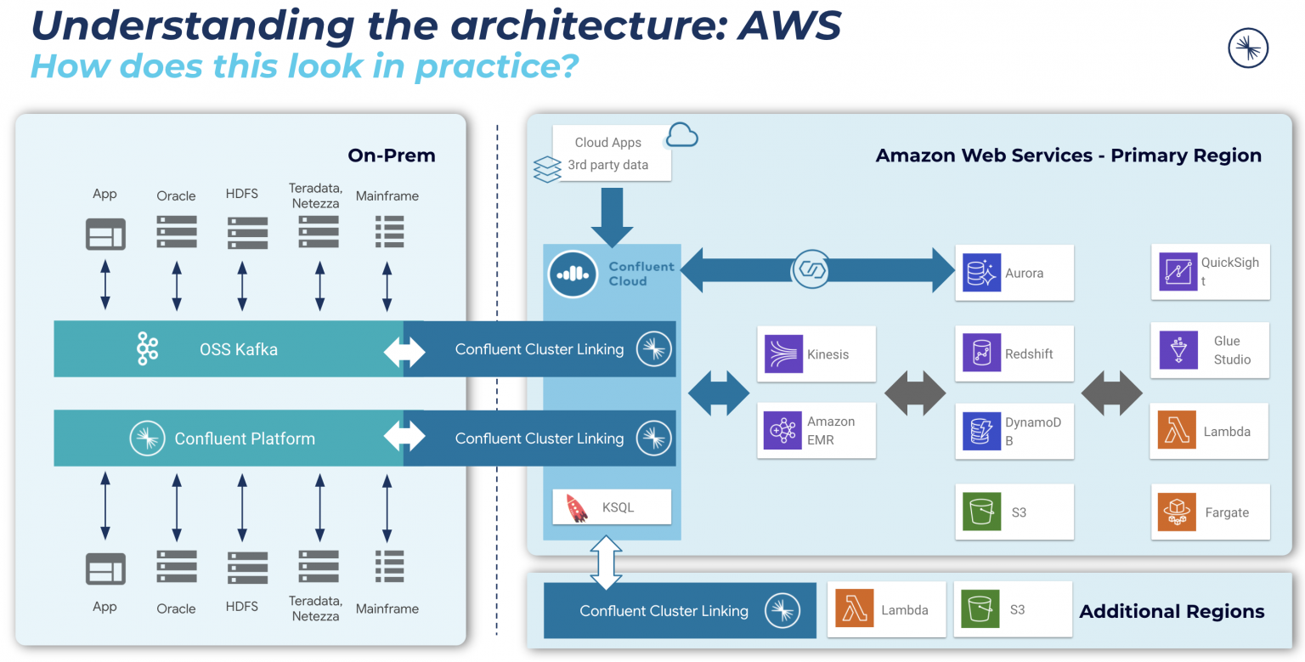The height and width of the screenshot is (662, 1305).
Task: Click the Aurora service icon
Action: [x=981, y=273]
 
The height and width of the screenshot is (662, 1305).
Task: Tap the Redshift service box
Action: [x=1014, y=354]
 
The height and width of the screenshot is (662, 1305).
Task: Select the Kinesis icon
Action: [x=783, y=354]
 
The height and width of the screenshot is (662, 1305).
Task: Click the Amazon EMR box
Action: [x=816, y=430]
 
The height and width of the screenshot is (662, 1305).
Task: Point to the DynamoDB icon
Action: [x=981, y=431]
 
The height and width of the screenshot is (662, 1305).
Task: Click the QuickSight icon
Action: [x=1178, y=272]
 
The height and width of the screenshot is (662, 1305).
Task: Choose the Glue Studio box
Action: [x=1210, y=350]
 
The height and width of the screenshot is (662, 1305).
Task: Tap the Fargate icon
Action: [x=1177, y=512]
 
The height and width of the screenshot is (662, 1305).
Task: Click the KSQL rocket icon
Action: [x=576, y=507]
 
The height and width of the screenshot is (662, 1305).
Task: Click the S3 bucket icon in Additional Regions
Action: [x=980, y=610]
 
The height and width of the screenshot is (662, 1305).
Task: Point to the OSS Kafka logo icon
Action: [x=148, y=349]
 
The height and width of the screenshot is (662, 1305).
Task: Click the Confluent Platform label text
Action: [x=245, y=439]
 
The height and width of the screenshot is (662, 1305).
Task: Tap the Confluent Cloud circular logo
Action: [x=573, y=273]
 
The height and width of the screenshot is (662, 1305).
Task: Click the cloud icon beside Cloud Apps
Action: [x=681, y=135]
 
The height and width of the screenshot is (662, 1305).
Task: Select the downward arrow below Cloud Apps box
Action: [x=612, y=216]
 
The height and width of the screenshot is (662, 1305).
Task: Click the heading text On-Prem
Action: [x=391, y=156]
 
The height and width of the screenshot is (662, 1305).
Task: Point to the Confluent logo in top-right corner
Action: [x=1248, y=48]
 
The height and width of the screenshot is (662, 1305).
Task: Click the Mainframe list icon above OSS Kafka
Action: [x=389, y=231]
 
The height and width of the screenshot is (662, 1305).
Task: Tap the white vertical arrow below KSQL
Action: [x=607, y=562]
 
